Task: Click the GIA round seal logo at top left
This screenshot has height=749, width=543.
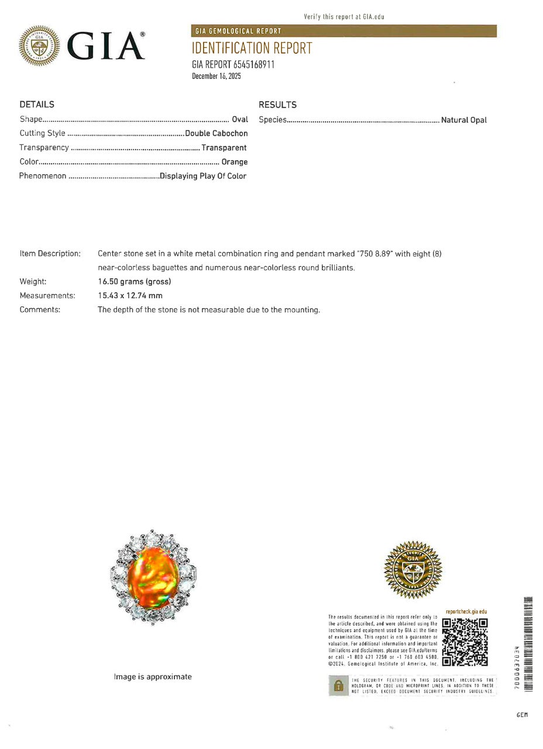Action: coord(39,46)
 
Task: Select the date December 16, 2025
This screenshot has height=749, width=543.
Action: coord(216,76)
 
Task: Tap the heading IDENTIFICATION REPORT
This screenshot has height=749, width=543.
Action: coord(252,49)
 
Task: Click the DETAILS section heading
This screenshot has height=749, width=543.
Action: coord(37,105)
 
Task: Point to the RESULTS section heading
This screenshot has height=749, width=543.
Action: coord(277,105)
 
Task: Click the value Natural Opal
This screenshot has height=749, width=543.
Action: coord(463,120)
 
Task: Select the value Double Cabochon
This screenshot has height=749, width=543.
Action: coord(216,133)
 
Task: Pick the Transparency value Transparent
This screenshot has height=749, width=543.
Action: coord(224,148)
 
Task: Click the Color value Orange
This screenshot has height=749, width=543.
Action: coord(234,162)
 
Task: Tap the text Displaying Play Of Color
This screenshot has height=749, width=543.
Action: coord(203,176)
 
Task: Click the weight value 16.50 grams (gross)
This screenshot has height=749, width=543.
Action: coord(135,282)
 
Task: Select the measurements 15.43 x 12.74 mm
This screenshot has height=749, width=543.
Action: coord(130,296)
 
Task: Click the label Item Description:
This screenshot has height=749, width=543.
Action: coord(50,254)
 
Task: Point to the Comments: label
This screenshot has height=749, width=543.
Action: coord(40,310)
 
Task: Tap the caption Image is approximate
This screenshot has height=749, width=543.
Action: coord(153,676)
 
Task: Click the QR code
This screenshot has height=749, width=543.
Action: coord(465,642)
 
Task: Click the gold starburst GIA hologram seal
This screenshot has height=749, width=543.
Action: coord(413,569)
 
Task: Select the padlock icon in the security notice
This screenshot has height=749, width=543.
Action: coord(338,685)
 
